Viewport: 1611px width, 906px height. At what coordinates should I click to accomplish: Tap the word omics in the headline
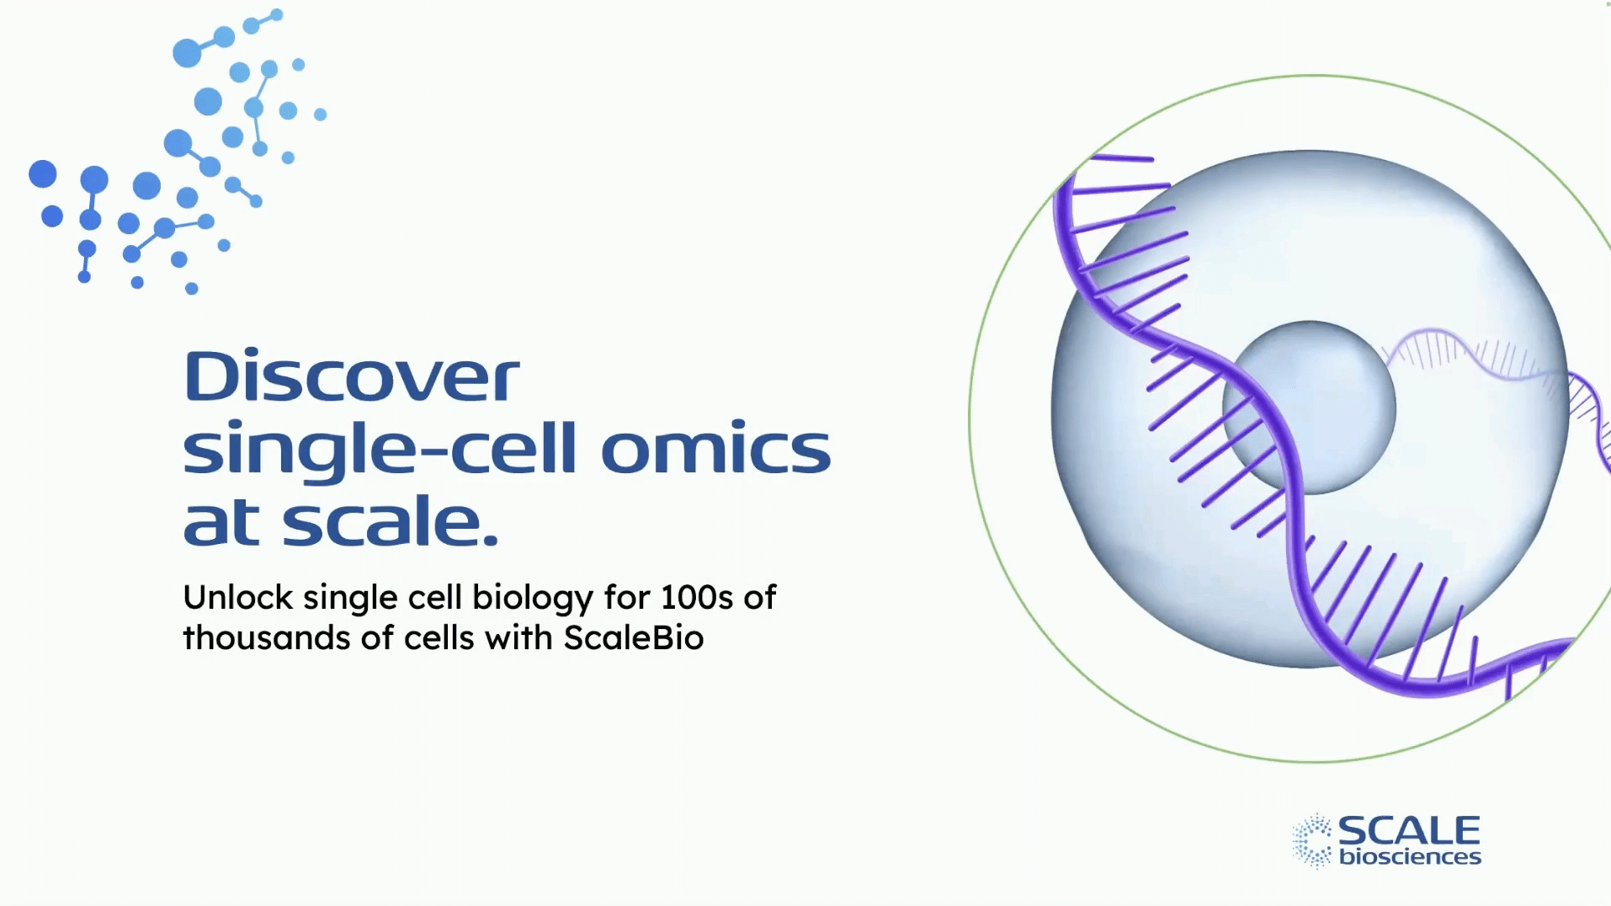(x=715, y=449)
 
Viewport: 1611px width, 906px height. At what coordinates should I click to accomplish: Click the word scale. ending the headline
(x=391, y=522)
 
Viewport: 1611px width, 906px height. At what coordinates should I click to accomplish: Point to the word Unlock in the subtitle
(x=238, y=598)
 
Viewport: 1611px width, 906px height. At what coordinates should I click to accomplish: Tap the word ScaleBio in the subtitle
(x=633, y=638)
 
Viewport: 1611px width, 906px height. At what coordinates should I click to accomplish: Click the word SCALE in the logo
(x=1408, y=831)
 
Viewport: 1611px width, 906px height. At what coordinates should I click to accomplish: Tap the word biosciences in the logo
(x=1410, y=857)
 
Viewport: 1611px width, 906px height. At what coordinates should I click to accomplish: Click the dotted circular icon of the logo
(x=1312, y=840)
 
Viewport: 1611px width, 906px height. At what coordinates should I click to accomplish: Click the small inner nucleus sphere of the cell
(x=1330, y=396)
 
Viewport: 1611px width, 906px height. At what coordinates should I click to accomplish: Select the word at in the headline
(x=221, y=522)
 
